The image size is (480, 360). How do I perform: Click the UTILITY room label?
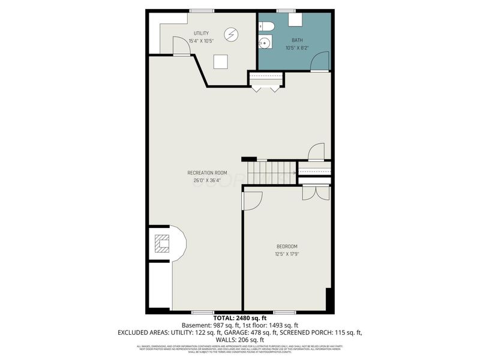point(201,32)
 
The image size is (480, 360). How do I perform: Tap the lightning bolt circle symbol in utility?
point(231,34)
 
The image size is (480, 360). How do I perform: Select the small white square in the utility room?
point(221,61)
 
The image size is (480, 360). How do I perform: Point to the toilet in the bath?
point(266,26)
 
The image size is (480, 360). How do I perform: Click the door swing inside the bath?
point(320,62)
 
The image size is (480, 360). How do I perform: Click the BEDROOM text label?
point(287,247)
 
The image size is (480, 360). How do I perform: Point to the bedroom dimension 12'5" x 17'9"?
point(287,254)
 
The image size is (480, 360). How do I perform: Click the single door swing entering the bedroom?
point(251,201)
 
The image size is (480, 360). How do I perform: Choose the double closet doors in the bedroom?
point(316,193)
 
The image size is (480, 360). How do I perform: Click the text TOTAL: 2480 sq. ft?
point(240,317)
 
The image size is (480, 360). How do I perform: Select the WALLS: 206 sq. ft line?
point(240,339)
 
